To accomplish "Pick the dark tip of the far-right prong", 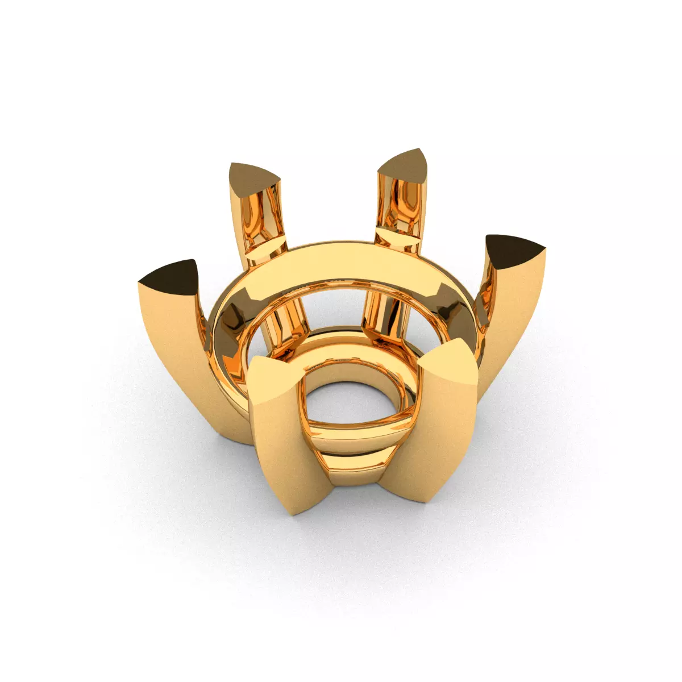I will click(x=515, y=250).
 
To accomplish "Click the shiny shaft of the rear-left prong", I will click(x=261, y=222).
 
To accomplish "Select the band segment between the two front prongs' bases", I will click(x=358, y=472).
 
